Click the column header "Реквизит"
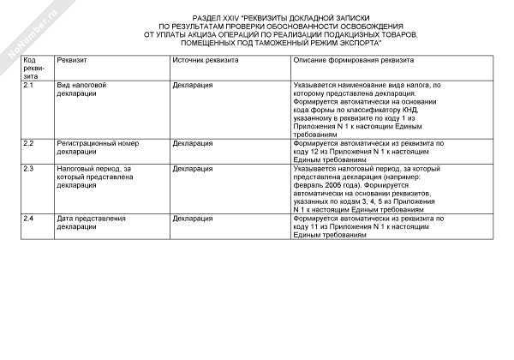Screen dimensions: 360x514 pos(72,63)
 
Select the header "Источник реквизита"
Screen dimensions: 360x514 pos(205,63)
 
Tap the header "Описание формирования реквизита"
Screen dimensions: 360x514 pos(354,63)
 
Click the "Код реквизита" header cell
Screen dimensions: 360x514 pos(35,69)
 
